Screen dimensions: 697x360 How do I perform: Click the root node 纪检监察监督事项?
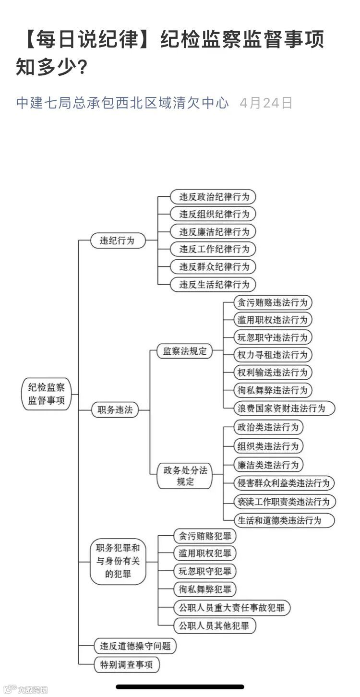pos(47,394)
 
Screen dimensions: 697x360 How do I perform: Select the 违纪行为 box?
pos(118,240)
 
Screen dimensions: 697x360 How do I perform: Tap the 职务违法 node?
pos(115,410)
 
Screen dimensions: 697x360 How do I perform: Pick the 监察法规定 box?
pos(185,351)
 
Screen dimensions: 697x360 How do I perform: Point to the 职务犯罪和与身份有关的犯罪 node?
pos(118,561)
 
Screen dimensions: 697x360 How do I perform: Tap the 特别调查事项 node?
pos(125,665)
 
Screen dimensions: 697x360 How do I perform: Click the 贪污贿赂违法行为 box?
pos(272,302)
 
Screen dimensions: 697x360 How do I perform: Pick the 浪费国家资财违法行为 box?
pos(284,409)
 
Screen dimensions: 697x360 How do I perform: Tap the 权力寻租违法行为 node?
pos(272,355)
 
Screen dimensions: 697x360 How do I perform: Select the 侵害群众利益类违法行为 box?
pos(284,483)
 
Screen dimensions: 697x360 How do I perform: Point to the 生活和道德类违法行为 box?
pos(284,520)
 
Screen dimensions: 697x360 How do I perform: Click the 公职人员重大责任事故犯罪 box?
pos(231,608)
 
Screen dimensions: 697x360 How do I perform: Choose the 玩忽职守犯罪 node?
pos(205,571)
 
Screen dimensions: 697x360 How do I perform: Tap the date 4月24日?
pos(266,103)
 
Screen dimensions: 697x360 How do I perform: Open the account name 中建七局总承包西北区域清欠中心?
pos(122,103)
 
